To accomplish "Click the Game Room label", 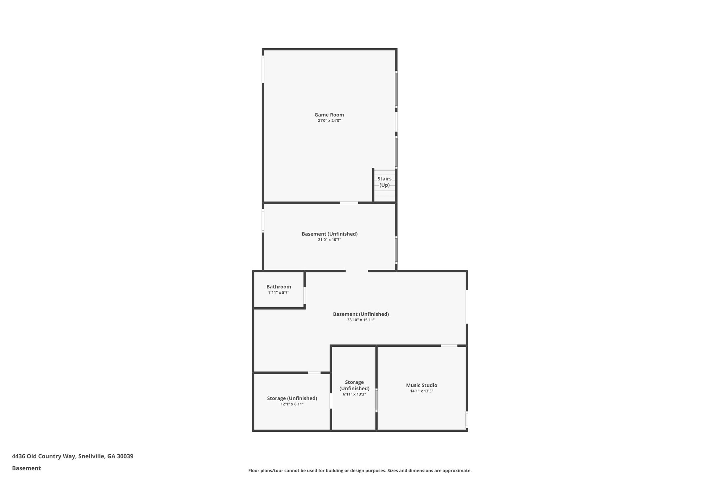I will tap(329, 115).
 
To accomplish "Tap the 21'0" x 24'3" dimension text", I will tap(329, 121).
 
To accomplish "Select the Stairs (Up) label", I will tap(384, 182).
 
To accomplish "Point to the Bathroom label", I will tap(278, 287).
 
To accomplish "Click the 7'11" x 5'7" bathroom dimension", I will tap(278, 293).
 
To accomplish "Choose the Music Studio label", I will tap(422, 385).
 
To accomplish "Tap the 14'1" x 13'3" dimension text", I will tap(422, 391).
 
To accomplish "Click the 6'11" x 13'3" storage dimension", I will tap(354, 394).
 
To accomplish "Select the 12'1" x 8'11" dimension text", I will tap(292, 404).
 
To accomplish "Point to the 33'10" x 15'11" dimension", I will tap(361, 320).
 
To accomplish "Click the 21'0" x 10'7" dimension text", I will tap(329, 240).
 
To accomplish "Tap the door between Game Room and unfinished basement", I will tap(349, 203).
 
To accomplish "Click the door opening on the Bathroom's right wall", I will tap(304, 295).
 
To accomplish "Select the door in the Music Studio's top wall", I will tap(449, 346).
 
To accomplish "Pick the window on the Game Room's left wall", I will tap(263, 70).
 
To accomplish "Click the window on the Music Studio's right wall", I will tap(467, 420).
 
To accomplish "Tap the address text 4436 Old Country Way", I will tap(72, 456).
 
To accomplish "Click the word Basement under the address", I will tap(26, 468).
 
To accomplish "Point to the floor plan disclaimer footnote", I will tap(360, 471).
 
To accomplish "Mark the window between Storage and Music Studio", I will tap(376, 400).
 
